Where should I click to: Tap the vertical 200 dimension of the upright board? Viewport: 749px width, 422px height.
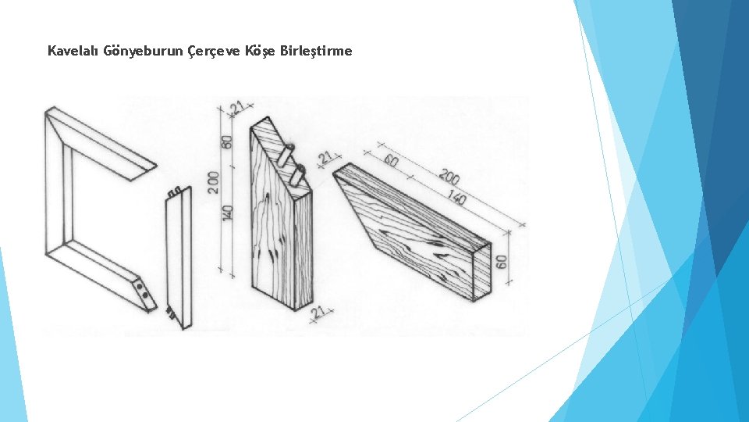[214, 182]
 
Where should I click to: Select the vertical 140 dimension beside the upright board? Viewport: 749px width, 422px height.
[228, 213]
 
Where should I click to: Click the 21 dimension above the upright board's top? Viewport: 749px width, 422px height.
[237, 108]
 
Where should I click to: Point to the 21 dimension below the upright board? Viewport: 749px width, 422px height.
[318, 313]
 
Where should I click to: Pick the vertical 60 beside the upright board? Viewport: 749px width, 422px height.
[227, 141]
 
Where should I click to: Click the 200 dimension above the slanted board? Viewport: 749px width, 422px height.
[449, 177]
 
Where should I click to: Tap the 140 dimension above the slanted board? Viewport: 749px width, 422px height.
[456, 197]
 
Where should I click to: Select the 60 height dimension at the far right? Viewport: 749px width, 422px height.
[501, 262]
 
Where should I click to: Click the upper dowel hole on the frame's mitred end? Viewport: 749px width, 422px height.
[139, 286]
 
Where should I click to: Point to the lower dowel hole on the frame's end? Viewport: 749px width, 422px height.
[145, 295]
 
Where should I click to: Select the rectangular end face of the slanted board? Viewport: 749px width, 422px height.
[481, 272]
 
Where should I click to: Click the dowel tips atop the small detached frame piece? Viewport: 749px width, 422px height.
[174, 191]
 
